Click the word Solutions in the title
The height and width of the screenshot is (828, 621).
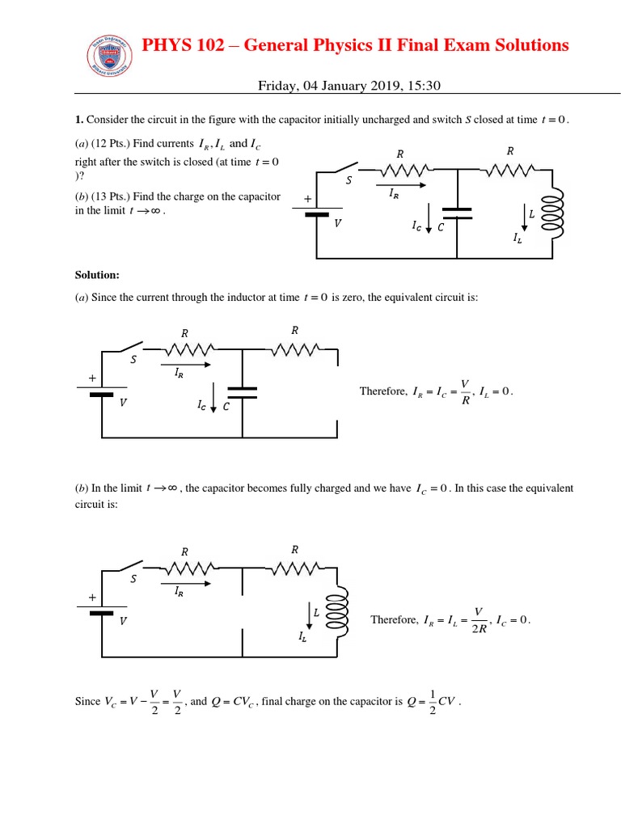tap(525, 45)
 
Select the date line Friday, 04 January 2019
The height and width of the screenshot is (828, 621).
tap(349, 86)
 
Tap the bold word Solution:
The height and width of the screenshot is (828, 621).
tap(98, 276)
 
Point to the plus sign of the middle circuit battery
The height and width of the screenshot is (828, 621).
tap(92, 378)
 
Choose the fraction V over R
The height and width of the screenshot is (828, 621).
tap(464, 391)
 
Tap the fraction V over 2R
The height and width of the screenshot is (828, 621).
tap(479, 619)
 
